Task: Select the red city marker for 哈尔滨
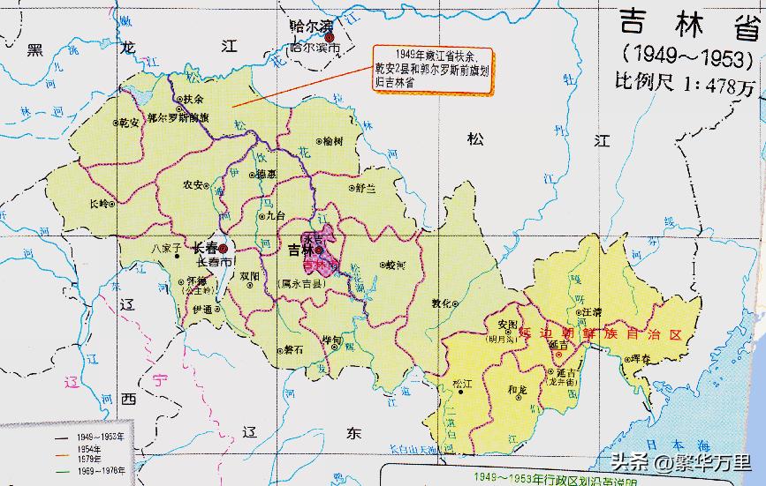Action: tap(329, 37)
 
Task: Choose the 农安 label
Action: tap(192, 186)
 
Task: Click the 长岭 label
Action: tap(102, 203)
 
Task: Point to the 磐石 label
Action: tap(292, 350)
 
